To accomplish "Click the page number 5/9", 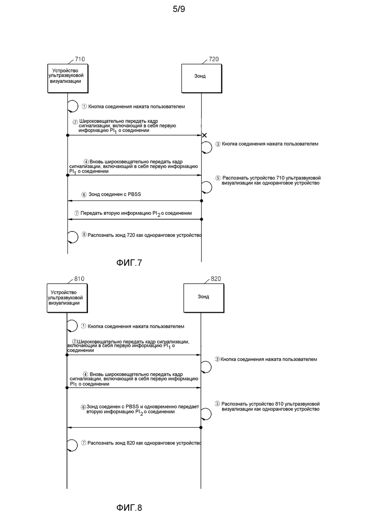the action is pos(179,9).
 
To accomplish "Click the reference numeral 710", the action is pos(80,59).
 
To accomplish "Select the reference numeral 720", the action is pos(214,59).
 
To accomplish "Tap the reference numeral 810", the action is pos(79,279).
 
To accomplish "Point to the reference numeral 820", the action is pos(216,279).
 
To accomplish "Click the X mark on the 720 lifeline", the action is pos(204,135).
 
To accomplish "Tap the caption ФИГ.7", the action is pos(129,263).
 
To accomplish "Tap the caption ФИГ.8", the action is pos(129,507).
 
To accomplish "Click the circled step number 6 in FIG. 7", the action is pos(84,195).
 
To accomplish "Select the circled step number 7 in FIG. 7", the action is pos(77,213).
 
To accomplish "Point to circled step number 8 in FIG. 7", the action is pos(84,235).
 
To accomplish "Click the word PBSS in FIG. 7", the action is pos(134,194).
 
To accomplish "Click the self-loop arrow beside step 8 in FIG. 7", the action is pos(73,237).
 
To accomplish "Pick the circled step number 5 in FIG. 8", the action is pos(218,404).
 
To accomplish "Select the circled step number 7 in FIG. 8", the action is pos(84,443).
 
